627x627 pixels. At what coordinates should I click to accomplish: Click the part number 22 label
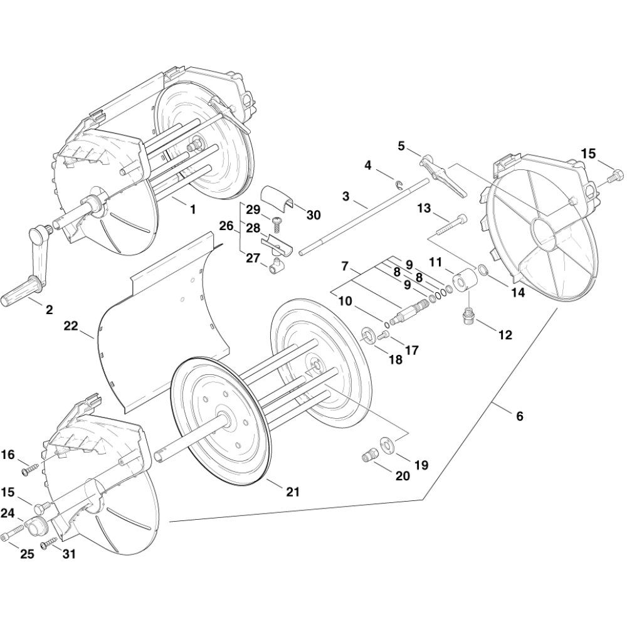click(71, 326)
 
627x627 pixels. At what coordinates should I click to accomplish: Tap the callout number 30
click(313, 214)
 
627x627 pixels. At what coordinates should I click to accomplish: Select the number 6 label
click(519, 416)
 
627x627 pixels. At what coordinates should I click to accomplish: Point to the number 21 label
click(292, 492)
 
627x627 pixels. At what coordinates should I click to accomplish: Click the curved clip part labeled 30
click(277, 197)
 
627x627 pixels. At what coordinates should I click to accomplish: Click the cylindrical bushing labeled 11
click(463, 280)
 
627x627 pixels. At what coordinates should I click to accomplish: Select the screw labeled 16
click(31, 470)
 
